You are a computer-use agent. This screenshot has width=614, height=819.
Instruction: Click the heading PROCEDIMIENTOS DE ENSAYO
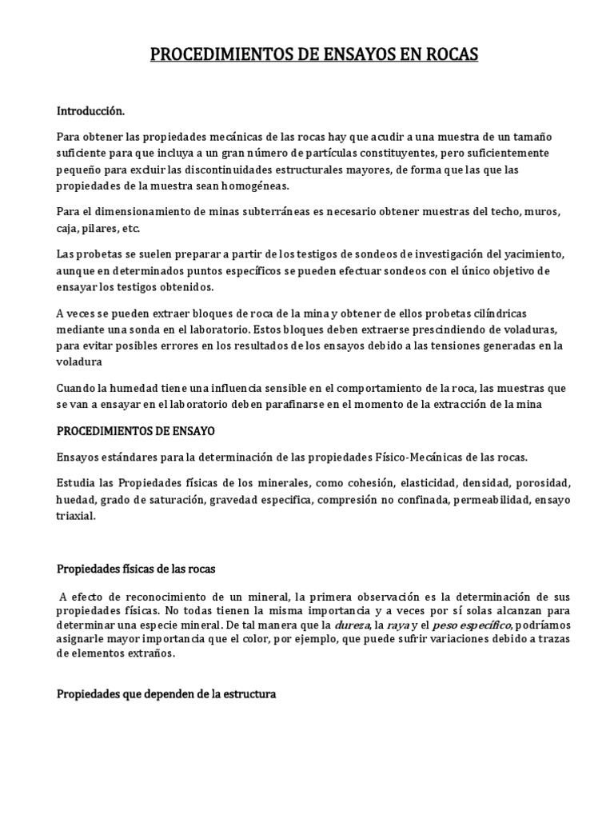pos(135,430)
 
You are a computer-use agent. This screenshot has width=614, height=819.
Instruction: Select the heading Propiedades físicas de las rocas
pos(136,569)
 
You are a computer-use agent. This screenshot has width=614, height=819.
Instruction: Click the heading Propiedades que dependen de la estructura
pos(166,694)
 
